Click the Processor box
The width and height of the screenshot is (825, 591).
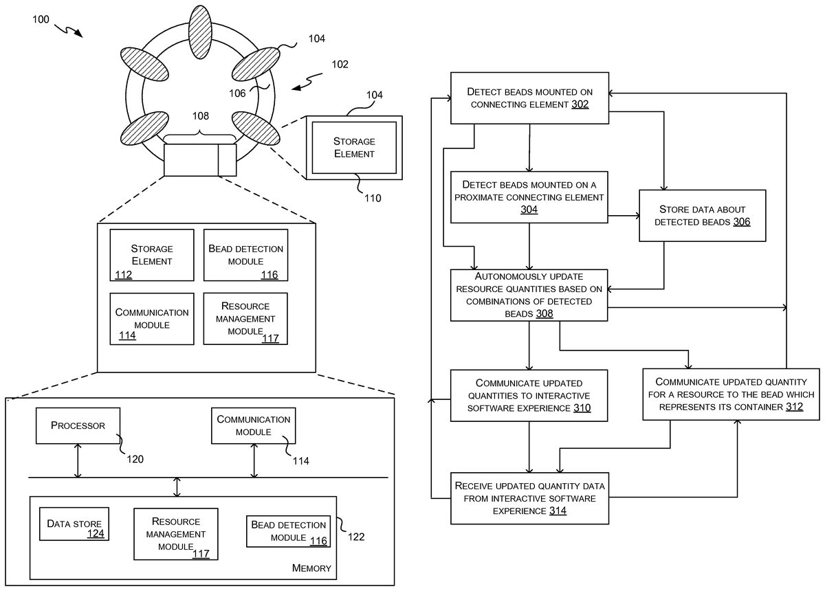(x=78, y=425)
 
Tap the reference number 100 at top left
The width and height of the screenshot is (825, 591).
(x=41, y=19)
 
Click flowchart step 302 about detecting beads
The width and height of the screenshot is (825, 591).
(x=529, y=98)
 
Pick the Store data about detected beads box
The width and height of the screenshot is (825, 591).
(x=702, y=215)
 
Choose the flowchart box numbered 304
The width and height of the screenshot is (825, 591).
(x=529, y=197)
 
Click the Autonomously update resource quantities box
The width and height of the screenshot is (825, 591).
(x=529, y=295)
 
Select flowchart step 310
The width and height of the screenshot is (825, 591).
(x=529, y=395)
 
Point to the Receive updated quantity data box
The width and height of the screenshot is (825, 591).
(x=529, y=498)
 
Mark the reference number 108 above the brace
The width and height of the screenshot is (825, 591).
(x=200, y=116)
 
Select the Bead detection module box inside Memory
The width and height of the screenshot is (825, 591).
(x=289, y=531)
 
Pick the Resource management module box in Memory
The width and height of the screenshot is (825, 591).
(x=176, y=533)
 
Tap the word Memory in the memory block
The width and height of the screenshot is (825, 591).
(x=311, y=568)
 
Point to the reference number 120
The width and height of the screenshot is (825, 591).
(x=135, y=459)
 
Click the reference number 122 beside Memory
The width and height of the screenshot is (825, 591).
(x=356, y=537)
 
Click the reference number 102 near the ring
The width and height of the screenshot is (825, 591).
(x=340, y=65)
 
